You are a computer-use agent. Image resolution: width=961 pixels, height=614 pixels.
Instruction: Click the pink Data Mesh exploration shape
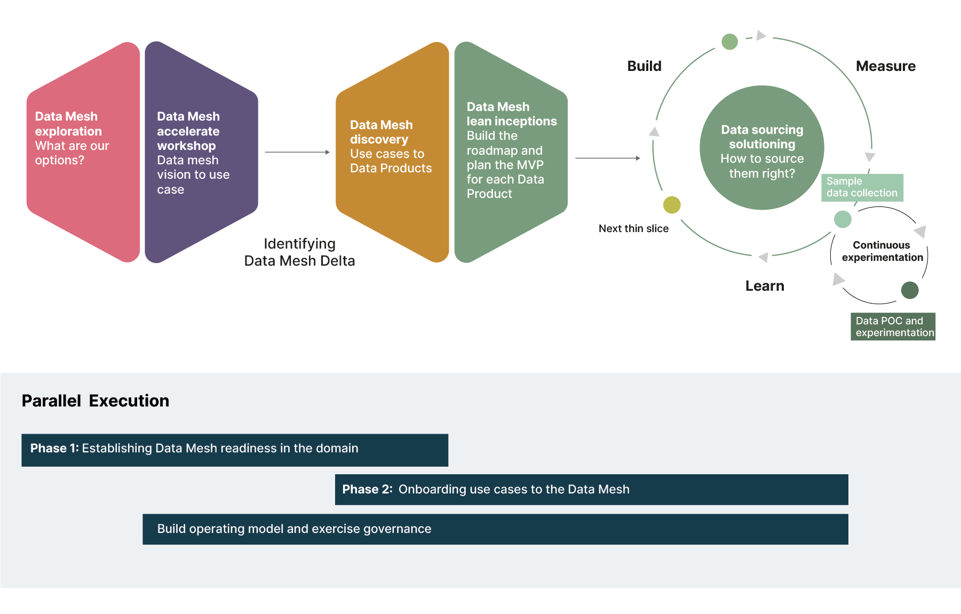coord(83,152)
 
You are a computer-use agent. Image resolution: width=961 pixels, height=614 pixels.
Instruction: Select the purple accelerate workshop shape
coord(200,152)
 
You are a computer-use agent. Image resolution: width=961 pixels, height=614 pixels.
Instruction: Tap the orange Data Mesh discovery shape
coord(392,152)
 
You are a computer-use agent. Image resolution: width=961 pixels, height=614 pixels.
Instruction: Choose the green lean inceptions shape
coord(510,152)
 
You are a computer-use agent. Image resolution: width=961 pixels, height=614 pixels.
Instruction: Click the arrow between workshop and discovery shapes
coord(297,152)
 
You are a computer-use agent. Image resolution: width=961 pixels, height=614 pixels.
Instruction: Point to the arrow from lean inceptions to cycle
coord(607,158)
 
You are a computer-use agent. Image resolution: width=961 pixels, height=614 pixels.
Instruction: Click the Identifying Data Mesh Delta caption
coord(299,252)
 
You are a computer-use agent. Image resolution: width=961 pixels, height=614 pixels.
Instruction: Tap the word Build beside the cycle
coord(644,66)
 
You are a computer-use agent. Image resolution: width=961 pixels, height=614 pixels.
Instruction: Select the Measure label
coord(885,66)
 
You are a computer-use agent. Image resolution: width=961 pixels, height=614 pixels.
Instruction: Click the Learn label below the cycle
coord(764,286)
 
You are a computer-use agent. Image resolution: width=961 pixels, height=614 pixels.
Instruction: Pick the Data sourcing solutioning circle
coord(761,148)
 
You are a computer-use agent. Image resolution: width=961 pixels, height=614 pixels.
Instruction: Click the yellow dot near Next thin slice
coord(672,205)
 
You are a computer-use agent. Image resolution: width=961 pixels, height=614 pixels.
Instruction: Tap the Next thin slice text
coord(633,228)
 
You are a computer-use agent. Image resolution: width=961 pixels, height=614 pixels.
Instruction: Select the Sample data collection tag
coord(862,187)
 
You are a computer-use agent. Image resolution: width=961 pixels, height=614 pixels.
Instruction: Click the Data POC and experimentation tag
coord(893,326)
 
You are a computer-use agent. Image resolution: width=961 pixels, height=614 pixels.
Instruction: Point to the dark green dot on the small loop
coord(910,290)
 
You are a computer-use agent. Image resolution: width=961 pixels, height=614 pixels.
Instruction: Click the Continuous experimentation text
coord(882,251)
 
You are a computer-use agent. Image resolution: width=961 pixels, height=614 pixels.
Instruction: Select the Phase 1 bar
coord(234,450)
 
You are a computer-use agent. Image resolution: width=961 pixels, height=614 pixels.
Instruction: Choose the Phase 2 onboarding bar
coord(591,489)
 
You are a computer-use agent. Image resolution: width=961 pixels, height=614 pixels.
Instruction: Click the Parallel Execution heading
coord(96,401)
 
